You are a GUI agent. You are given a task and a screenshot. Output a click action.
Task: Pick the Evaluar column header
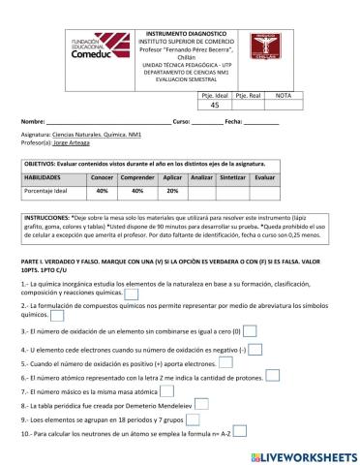click(264, 178)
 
